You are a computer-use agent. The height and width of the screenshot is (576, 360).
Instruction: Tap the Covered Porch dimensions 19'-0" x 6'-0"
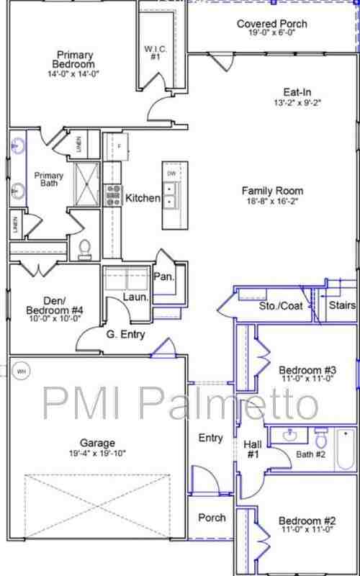point(271,33)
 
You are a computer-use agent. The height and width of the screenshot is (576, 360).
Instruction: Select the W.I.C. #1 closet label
point(155,53)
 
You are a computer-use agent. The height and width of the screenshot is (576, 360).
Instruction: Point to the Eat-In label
point(297,92)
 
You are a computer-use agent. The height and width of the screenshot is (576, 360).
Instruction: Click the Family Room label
point(271,191)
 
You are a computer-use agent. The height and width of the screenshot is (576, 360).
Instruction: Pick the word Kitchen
point(143,198)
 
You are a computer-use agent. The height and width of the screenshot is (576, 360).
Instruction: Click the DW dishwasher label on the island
point(171,174)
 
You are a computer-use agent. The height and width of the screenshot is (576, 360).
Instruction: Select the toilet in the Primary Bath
point(84,249)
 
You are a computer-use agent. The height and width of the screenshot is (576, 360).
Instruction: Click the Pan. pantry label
point(163,276)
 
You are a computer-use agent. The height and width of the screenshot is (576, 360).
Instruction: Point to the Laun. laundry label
point(135,297)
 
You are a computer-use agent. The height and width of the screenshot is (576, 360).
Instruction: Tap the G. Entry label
point(125,334)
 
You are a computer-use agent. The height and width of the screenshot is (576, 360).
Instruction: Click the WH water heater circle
point(21,371)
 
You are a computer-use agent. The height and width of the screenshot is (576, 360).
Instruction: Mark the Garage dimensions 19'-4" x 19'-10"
point(97,453)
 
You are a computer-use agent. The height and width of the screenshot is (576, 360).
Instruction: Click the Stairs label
point(342,306)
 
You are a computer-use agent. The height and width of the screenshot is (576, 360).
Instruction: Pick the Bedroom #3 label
point(307,371)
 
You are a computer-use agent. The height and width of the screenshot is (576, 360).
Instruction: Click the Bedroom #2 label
point(307,521)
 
